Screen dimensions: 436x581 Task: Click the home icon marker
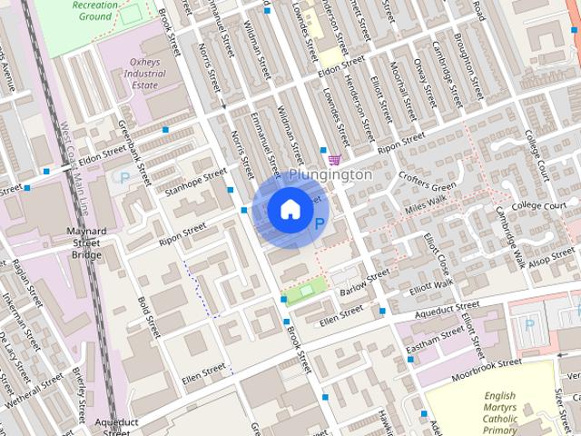pos(290,210)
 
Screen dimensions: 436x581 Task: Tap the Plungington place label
pos(330,173)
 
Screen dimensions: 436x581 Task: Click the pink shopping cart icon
pos(335,159)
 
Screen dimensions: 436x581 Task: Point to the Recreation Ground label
pos(95,10)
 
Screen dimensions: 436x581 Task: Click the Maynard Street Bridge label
pos(88,243)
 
